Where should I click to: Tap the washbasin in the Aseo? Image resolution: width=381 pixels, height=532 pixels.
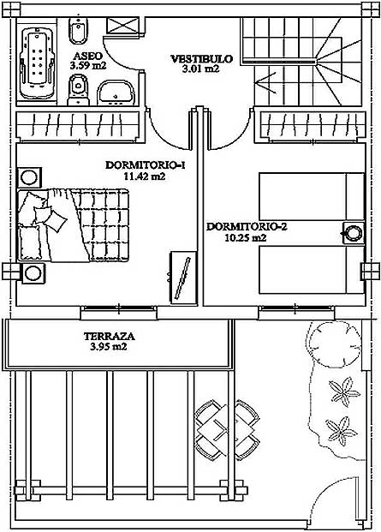pyautogui.click(x=116, y=93)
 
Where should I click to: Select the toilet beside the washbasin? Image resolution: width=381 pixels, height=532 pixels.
pyautogui.click(x=79, y=90)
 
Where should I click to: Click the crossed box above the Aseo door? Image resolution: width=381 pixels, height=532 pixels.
pyautogui.click(x=123, y=25)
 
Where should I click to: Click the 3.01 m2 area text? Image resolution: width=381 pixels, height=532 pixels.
pyautogui.click(x=201, y=69)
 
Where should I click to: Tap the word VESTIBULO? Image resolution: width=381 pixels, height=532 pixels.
pyautogui.click(x=202, y=59)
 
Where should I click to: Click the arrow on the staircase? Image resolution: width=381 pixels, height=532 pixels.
pyautogui.click(x=267, y=82)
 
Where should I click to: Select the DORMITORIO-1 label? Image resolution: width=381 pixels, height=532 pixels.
pyautogui.click(x=146, y=165)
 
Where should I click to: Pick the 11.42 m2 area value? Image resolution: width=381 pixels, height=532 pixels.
pyautogui.click(x=145, y=176)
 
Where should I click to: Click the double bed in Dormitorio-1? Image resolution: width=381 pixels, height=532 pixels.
pyautogui.click(x=74, y=225)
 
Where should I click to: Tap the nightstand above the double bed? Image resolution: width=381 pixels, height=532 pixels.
pyautogui.click(x=29, y=177)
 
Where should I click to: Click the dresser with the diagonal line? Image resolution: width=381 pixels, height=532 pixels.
pyautogui.click(x=183, y=278)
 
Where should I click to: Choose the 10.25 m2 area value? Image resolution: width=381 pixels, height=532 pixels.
pyautogui.click(x=246, y=237)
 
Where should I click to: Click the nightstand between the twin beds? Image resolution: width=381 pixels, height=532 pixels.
pyautogui.click(x=354, y=233)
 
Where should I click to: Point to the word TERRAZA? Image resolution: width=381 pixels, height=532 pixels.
pyautogui.click(x=110, y=336)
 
